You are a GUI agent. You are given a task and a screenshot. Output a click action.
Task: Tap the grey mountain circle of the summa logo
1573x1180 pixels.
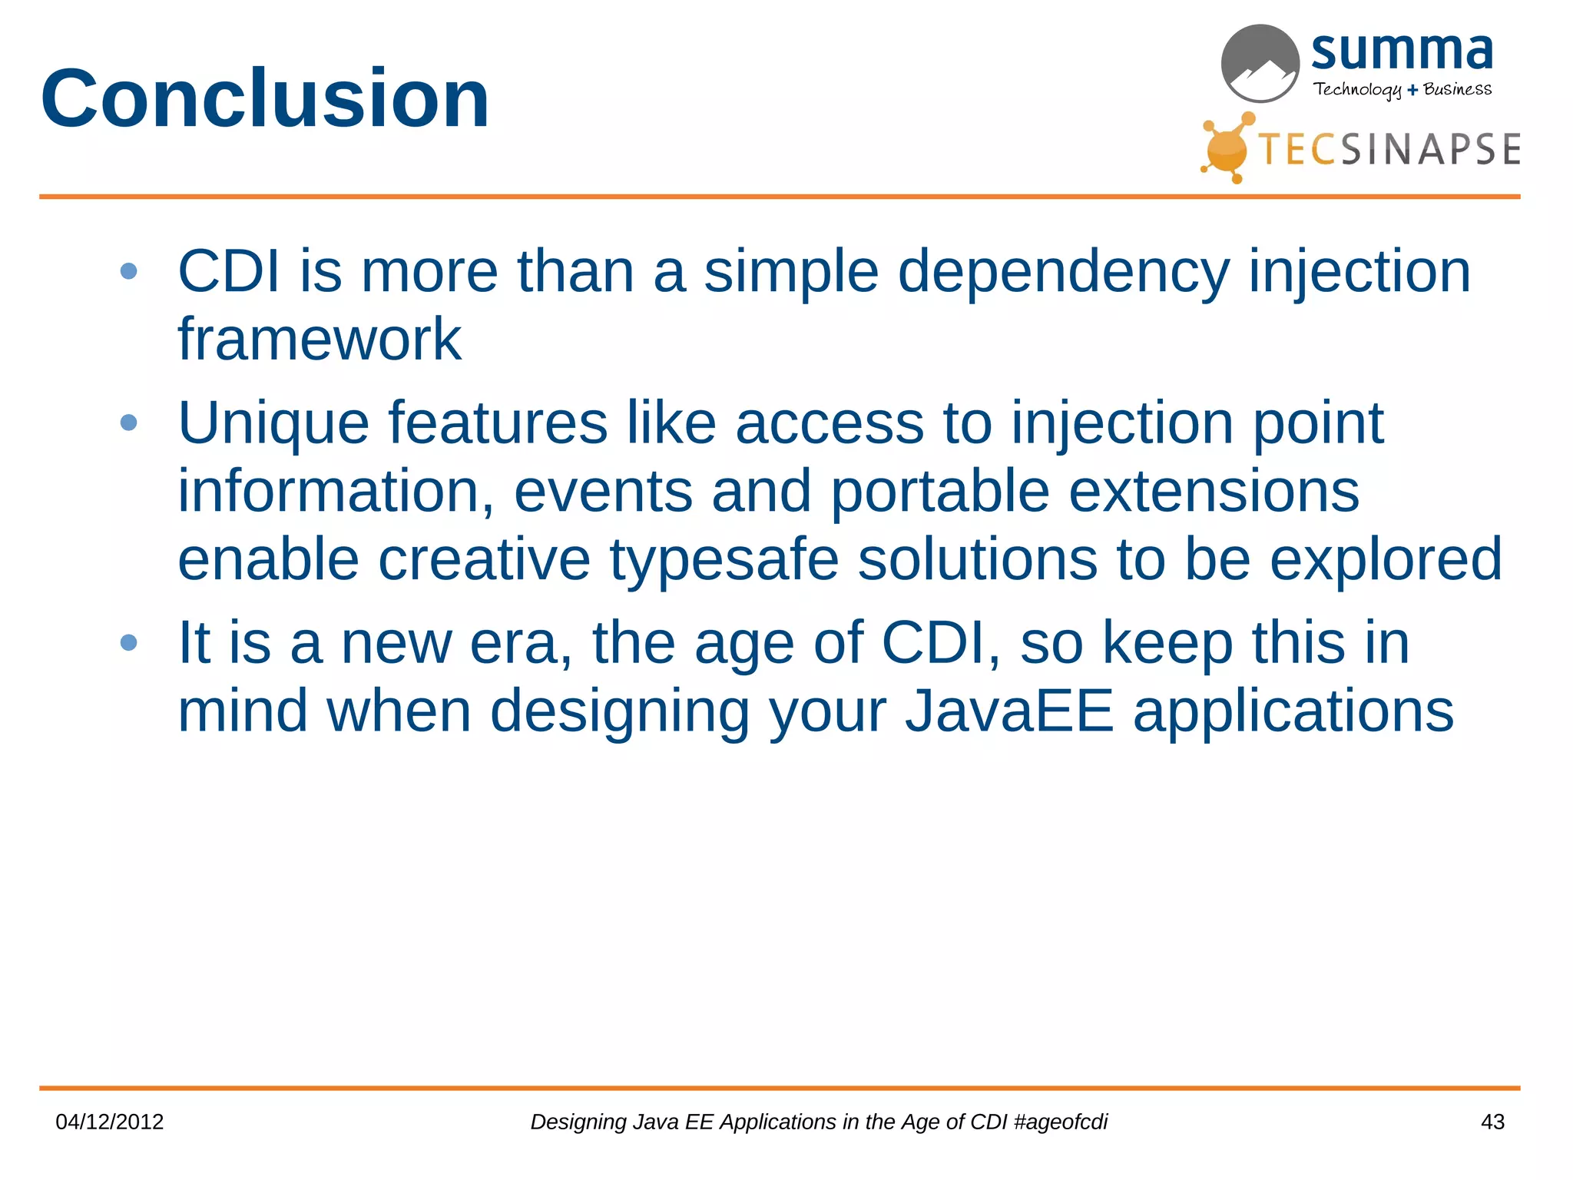(1260, 64)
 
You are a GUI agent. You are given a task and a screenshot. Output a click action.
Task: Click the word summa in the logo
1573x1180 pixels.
(1402, 51)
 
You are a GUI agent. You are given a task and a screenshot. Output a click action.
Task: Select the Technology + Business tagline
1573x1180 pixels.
(1402, 89)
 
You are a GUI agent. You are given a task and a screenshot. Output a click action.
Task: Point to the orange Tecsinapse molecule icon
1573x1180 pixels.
(1227, 148)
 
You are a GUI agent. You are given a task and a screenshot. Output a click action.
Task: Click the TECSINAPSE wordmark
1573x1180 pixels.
(1389, 149)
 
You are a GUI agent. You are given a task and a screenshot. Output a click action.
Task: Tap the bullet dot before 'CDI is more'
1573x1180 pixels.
(129, 271)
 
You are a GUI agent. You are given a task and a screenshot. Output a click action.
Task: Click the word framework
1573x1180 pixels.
(320, 339)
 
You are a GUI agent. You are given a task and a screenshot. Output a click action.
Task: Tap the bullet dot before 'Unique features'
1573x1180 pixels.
(129, 423)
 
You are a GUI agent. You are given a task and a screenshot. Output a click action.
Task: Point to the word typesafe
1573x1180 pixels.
(724, 559)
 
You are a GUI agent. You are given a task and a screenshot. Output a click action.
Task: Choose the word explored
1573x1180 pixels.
(1385, 559)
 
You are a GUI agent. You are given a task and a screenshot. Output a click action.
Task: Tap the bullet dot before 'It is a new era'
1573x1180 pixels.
(129, 642)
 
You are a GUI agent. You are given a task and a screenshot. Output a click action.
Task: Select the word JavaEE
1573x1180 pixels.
(1008, 711)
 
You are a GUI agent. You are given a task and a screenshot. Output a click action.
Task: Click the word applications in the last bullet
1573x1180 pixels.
(1293, 711)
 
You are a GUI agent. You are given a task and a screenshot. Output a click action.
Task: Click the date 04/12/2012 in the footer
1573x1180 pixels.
(110, 1122)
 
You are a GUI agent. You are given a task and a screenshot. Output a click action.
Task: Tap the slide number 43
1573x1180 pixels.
(1492, 1122)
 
